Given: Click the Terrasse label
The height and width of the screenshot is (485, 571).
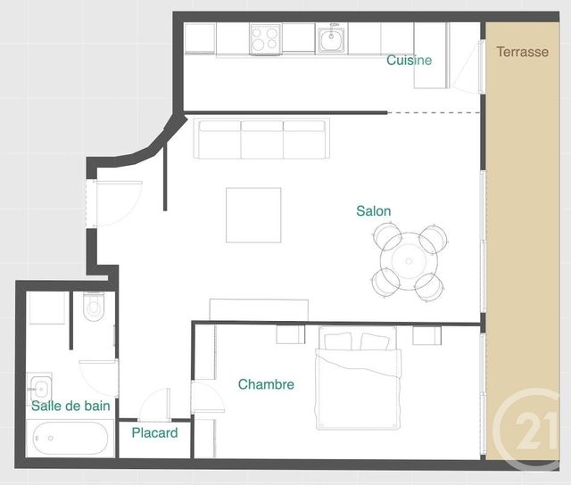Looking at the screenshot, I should pos(523,52).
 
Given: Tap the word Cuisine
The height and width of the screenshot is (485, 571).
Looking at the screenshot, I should pos(410,61).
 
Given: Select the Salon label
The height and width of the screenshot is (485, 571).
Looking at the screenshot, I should pos(373,211).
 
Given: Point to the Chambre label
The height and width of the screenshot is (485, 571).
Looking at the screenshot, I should pos(266,384).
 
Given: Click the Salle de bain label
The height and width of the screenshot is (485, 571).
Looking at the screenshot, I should pos(70,406).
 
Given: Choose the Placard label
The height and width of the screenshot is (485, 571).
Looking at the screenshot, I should pos(154,433).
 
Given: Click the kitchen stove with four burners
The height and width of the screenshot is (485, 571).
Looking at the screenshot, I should pos(266,38).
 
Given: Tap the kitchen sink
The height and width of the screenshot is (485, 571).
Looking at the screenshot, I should pos(332,38).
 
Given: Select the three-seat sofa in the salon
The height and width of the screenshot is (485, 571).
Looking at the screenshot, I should pos(262,138).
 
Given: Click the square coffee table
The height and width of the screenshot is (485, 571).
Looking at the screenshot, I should pos(253,214).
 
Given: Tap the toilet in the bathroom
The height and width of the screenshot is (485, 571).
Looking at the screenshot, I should pos(94,308).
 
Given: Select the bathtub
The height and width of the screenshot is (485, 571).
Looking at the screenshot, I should pos(70,439).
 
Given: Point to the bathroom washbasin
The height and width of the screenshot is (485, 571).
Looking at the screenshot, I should pos(38,387).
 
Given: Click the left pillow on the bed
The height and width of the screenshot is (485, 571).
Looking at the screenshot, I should pos(340,341).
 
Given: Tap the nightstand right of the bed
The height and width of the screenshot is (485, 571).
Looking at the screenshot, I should pos(426,335).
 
